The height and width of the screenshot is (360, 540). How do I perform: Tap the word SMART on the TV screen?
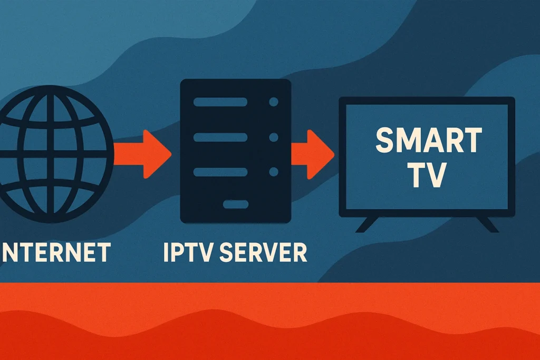428,141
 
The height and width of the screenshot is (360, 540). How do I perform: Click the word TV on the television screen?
428,176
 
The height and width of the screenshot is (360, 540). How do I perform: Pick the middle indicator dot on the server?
273,137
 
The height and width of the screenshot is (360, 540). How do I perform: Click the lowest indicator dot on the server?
273,172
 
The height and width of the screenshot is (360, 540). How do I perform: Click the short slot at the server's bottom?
235,204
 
